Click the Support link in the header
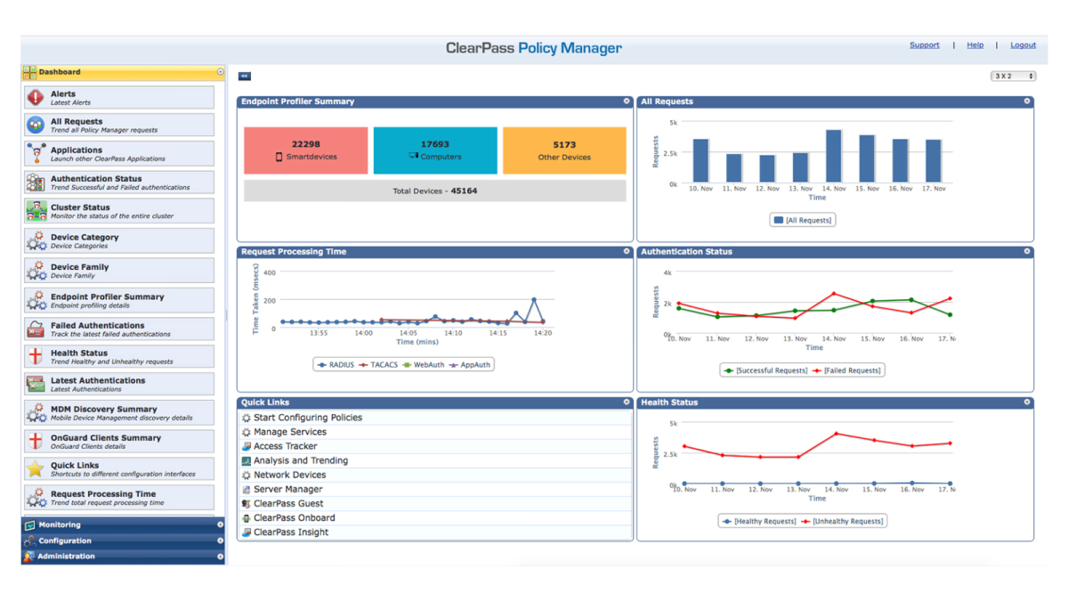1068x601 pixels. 924,45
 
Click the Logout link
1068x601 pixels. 1023,45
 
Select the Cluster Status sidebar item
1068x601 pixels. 119,211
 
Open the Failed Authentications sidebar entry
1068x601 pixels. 119,329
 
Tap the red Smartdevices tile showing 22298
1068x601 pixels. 305,150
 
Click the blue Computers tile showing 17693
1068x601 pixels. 435,150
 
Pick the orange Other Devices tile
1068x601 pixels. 564,150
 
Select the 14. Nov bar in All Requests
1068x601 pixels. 834,157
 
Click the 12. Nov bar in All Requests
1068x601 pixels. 767,168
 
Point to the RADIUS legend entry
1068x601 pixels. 336,364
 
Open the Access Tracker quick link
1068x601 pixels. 285,446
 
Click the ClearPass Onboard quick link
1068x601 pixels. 294,517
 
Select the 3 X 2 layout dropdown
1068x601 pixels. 1013,77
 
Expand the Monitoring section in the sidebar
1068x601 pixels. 119,525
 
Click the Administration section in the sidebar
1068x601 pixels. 119,556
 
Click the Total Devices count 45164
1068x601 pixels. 464,191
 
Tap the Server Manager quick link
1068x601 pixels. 287,489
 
